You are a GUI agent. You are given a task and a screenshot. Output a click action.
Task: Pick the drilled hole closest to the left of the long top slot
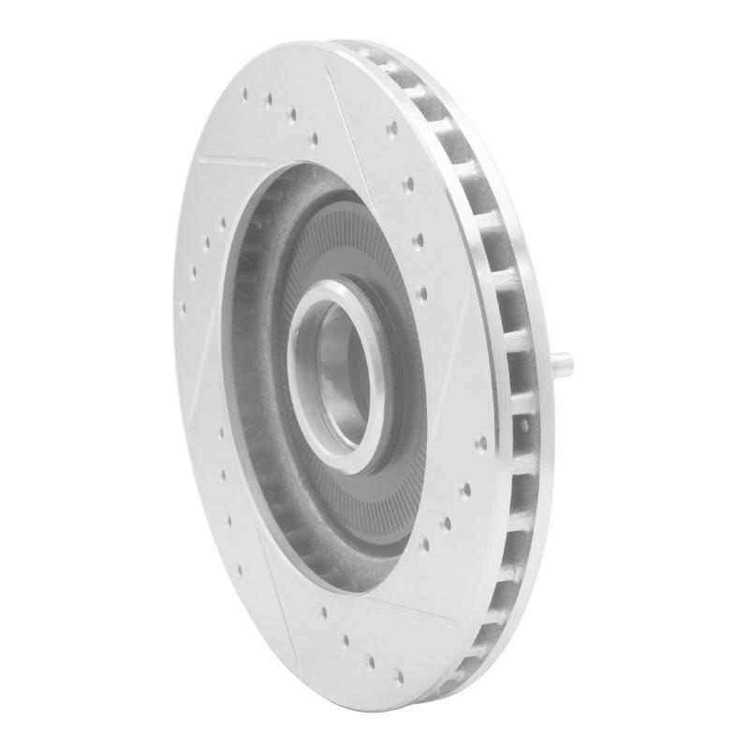coord(314,140)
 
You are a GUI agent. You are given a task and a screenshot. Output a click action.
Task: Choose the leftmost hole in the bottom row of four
coord(324,613)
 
